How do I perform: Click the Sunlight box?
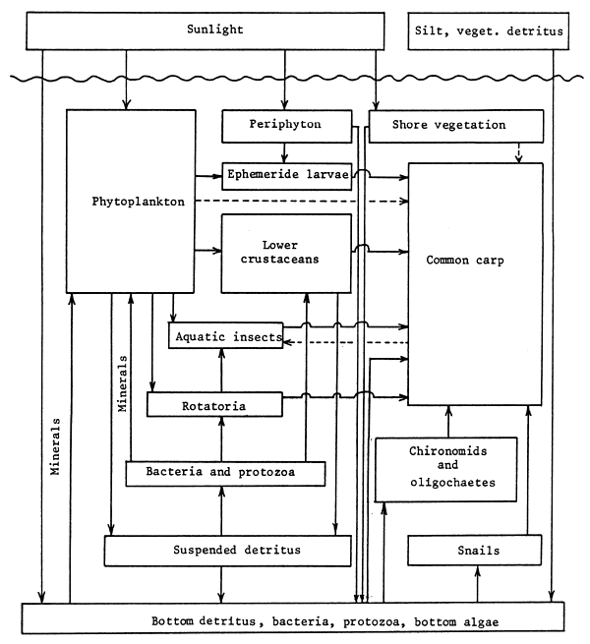click(x=214, y=30)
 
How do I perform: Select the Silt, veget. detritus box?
click(x=487, y=30)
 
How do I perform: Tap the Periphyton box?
click(x=285, y=125)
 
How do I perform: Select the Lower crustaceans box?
click(x=285, y=252)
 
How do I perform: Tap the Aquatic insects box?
click(x=226, y=336)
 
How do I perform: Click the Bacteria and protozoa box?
click(x=225, y=473)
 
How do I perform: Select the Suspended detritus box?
click(x=228, y=550)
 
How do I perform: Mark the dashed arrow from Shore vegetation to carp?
click(x=519, y=151)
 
